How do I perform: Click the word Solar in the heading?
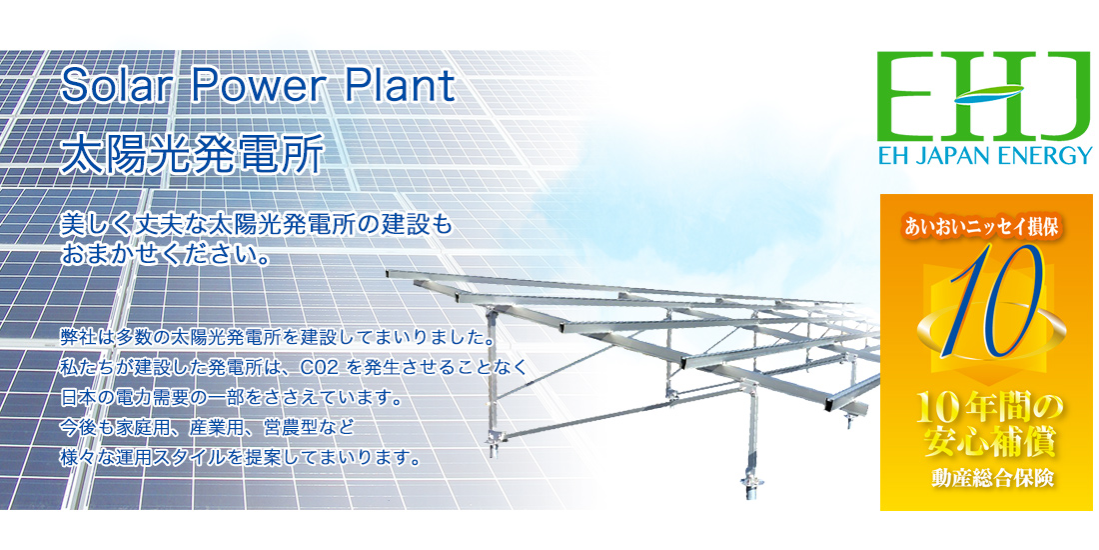(x=109, y=87)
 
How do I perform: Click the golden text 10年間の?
(x=986, y=410)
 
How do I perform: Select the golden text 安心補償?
(x=986, y=442)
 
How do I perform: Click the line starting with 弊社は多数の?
(x=279, y=337)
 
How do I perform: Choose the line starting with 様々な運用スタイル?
(x=242, y=458)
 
